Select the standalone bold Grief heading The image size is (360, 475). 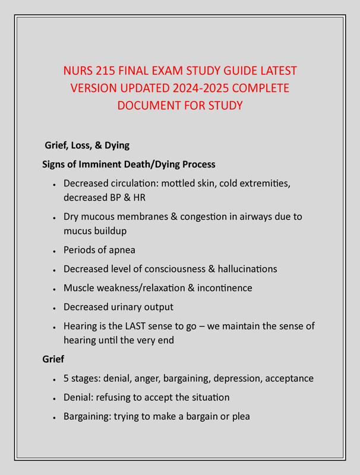click(x=53, y=359)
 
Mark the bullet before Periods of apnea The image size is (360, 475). click(x=54, y=251)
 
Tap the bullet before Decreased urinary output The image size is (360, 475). click(x=54, y=308)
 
